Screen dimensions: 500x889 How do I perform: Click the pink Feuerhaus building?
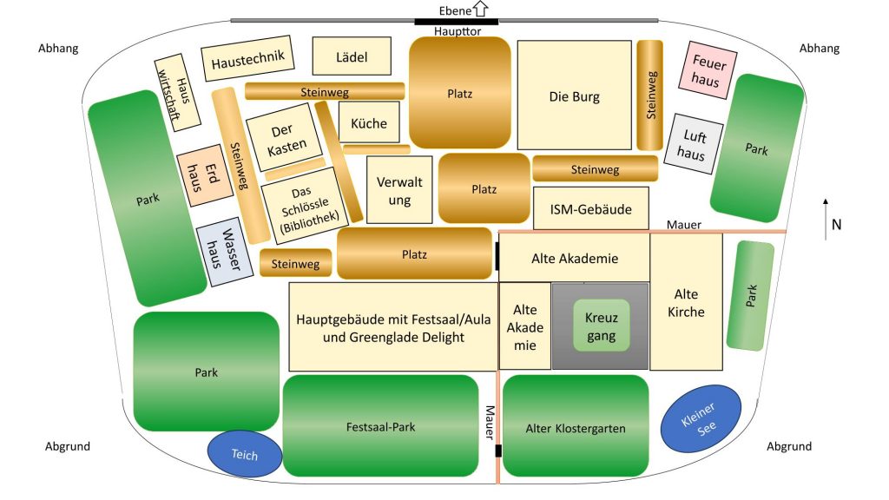(706, 69)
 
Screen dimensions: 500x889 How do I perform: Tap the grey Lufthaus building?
(694, 144)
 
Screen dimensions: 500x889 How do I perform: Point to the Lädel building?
(352, 57)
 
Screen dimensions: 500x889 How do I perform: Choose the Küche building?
(369, 123)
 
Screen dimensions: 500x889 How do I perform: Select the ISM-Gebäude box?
(590, 209)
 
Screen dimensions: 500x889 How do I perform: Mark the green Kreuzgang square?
(600, 326)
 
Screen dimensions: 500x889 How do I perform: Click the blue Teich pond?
(245, 454)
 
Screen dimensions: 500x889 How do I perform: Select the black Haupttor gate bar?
(456, 21)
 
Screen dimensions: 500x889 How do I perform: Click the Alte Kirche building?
(686, 302)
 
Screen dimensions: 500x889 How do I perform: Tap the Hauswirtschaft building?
(178, 94)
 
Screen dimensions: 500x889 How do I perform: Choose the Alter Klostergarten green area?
(575, 428)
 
